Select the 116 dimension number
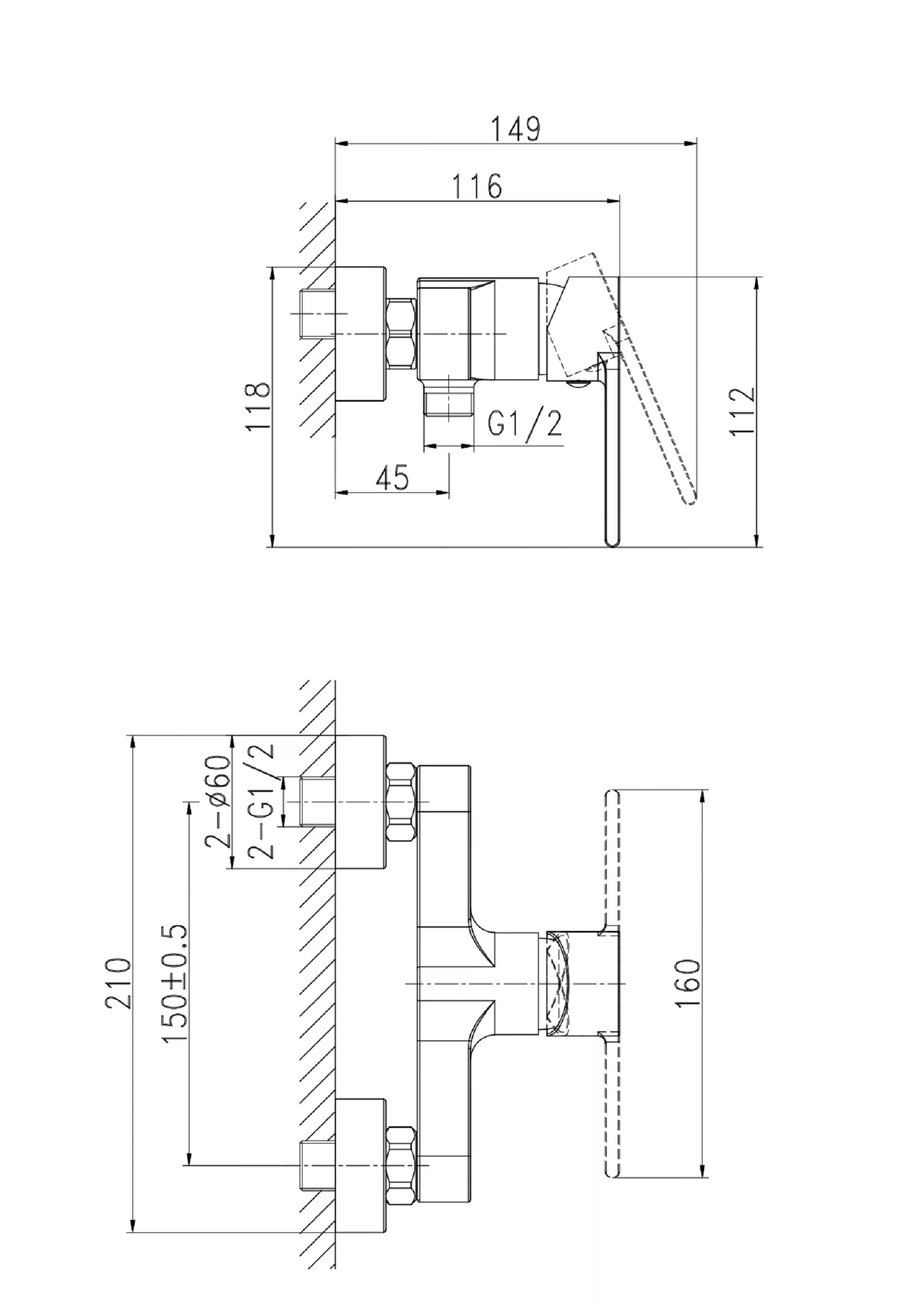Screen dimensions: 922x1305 click(x=477, y=186)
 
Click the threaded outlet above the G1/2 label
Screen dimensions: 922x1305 click(x=448, y=402)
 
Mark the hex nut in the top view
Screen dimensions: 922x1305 click(x=402, y=333)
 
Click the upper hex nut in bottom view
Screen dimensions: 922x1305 click(x=401, y=802)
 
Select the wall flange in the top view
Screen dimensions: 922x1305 click(x=360, y=334)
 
